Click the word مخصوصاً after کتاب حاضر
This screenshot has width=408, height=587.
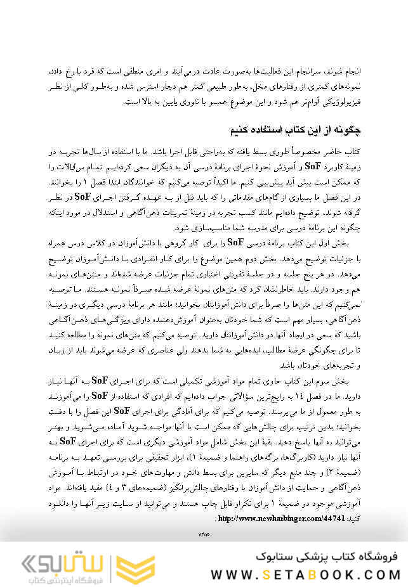click(299, 153)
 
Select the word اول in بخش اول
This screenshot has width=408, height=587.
click(330, 243)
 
